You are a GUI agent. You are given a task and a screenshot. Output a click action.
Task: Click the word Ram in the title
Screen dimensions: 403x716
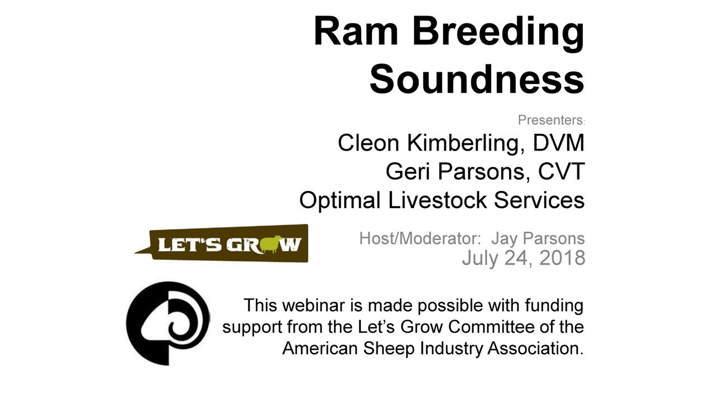tap(356, 31)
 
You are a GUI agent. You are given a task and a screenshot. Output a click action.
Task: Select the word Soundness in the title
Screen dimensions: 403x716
tap(477, 79)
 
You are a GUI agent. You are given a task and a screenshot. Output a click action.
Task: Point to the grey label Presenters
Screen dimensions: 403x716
tap(550, 120)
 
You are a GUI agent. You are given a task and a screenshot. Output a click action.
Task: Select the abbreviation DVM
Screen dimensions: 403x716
tap(558, 143)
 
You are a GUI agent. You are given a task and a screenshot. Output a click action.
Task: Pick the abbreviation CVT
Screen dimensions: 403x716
tap(561, 172)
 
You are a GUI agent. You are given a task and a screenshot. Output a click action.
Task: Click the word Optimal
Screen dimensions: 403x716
tap(341, 200)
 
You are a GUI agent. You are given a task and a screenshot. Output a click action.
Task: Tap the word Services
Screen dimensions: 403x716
tap(540, 200)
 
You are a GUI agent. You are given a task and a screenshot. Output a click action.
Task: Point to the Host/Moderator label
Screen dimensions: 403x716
tap(420, 239)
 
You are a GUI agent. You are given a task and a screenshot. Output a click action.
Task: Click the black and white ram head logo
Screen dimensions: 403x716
tap(168, 324)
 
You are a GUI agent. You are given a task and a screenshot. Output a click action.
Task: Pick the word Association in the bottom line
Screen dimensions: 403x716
tap(535, 348)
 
